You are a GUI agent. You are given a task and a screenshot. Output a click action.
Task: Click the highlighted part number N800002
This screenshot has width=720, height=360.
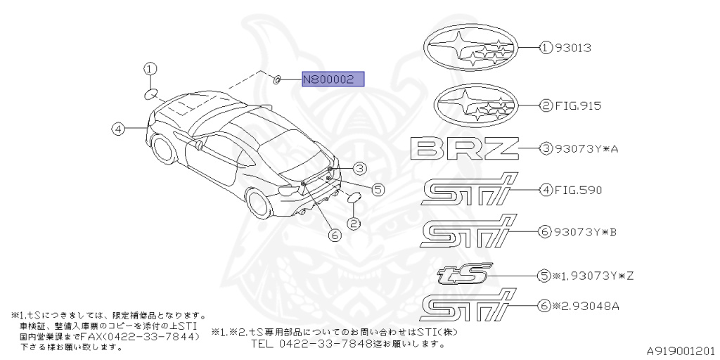coord(333,79)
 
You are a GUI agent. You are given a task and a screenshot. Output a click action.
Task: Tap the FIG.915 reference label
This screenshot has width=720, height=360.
coord(577,106)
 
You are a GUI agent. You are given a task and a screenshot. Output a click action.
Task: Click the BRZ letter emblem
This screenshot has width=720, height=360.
coord(464,148)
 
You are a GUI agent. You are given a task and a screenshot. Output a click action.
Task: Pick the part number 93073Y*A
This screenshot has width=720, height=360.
coord(585,149)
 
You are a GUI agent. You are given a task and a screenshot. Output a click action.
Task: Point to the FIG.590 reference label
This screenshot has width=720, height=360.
coord(577,190)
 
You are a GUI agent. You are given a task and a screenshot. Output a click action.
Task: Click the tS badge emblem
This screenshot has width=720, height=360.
coord(465,274)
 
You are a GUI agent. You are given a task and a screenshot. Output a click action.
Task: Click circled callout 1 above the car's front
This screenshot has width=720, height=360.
coord(150,69)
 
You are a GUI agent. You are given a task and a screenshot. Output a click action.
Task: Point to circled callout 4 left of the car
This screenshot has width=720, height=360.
coord(117,129)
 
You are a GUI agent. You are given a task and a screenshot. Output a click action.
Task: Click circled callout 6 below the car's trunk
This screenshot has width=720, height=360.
coord(334,236)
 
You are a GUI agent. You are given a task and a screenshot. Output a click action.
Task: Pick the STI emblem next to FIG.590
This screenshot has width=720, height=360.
coord(468,191)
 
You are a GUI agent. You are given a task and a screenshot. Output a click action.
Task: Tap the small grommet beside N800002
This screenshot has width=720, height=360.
coord(277,79)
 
